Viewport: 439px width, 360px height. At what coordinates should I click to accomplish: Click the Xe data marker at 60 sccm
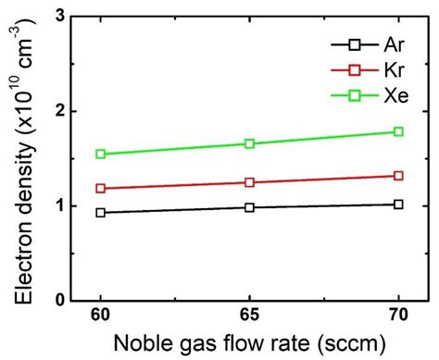point(100,154)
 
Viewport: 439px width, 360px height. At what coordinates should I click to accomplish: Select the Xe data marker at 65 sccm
point(249,143)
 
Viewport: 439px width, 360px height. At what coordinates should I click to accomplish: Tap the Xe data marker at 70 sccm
point(398,131)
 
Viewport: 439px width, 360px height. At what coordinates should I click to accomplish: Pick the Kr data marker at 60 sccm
point(100,188)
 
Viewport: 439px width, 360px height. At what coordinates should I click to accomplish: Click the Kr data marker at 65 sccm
point(249,182)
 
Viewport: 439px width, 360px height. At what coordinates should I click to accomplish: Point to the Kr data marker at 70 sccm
point(398,175)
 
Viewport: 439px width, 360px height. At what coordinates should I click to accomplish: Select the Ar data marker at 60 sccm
point(100,212)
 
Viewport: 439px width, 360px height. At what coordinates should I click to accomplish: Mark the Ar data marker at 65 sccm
point(249,207)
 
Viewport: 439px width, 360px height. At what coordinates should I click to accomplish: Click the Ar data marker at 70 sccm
point(398,204)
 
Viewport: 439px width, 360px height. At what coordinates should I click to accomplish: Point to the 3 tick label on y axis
point(60,17)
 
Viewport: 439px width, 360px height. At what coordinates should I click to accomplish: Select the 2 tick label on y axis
point(60,111)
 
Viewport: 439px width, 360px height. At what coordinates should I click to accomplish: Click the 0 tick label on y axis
point(60,300)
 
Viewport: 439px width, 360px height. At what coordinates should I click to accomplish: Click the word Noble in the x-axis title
point(143,344)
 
